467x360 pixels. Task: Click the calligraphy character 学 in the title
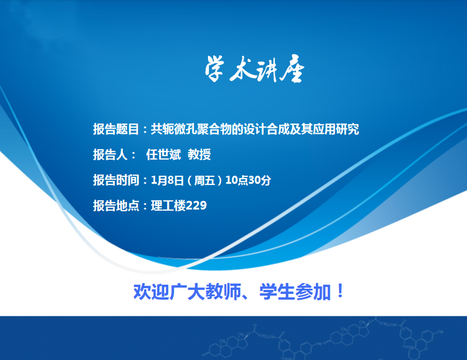click(214, 68)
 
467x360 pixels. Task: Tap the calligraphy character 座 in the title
click(293, 68)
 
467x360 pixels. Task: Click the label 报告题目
click(116, 129)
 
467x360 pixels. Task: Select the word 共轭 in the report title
click(163, 129)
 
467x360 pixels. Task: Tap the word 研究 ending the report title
click(348, 129)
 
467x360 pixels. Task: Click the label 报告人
click(110, 154)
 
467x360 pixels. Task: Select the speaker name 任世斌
click(163, 154)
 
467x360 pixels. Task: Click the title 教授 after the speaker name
click(199, 154)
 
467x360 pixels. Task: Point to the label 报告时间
click(116, 180)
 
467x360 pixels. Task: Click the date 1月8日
click(167, 180)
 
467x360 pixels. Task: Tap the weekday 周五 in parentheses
click(204, 180)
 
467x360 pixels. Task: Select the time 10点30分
click(248, 180)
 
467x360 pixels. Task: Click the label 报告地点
click(116, 206)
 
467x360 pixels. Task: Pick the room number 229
click(196, 206)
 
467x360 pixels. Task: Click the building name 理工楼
click(168, 206)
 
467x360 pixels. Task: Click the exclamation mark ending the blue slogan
click(339, 291)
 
